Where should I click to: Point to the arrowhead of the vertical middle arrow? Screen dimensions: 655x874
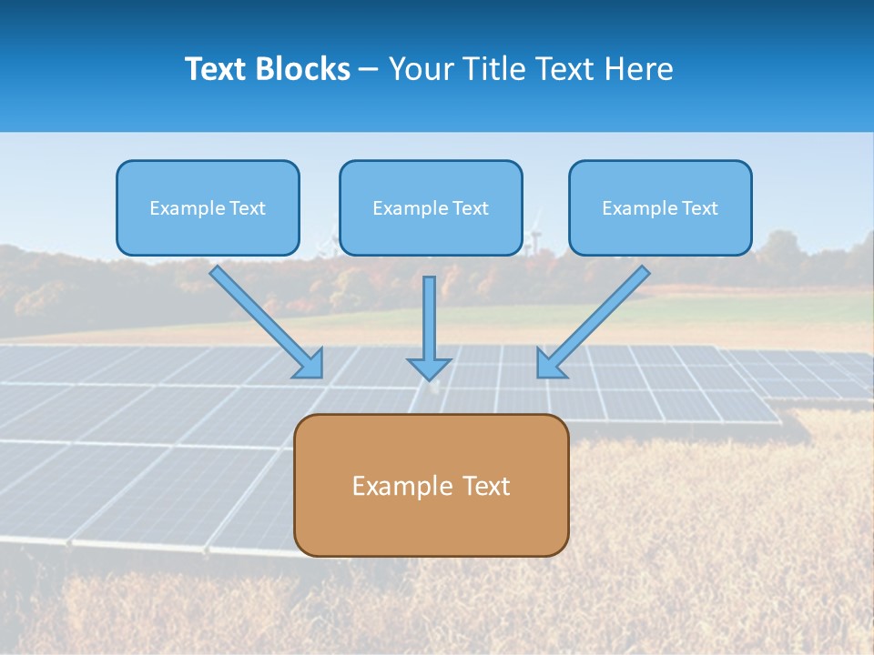tap(429, 368)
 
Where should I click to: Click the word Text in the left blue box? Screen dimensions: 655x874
tap(247, 208)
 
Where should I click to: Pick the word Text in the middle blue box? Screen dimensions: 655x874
tap(470, 208)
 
